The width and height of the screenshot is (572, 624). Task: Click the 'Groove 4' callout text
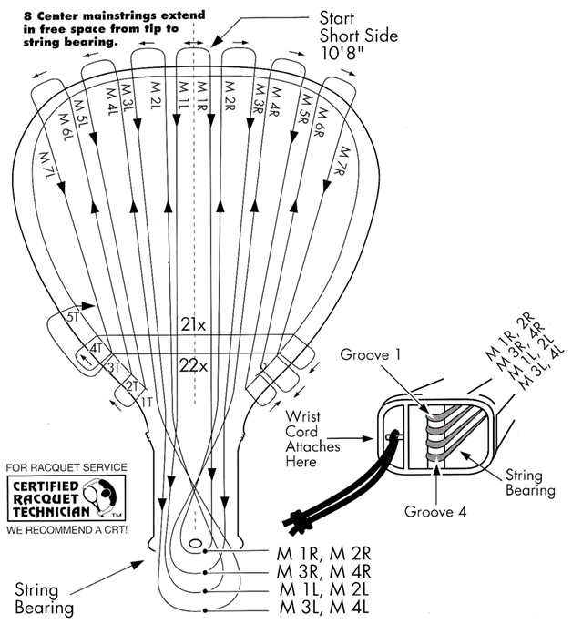click(x=434, y=512)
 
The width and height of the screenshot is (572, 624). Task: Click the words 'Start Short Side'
click(x=345, y=26)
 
